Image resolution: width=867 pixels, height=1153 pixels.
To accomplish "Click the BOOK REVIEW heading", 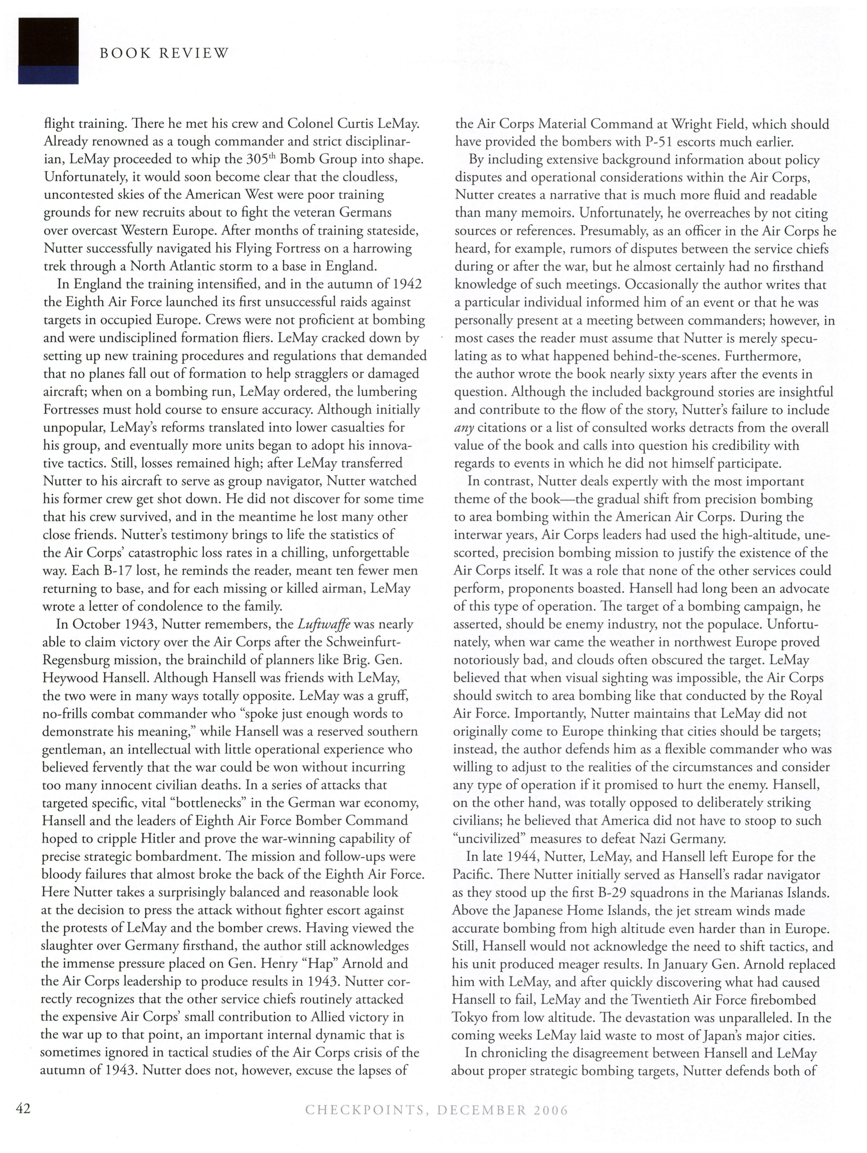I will tap(164, 53).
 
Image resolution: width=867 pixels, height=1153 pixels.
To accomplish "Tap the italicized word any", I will tap(464, 428).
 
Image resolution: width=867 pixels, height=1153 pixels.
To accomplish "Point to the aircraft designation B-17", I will tap(118, 571).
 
